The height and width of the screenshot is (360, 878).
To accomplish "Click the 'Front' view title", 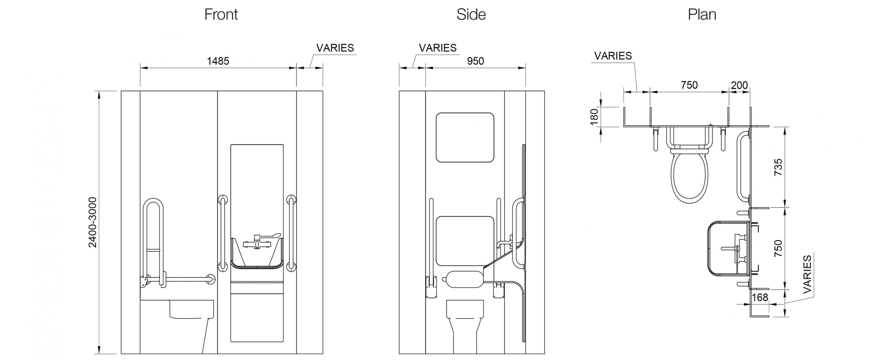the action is pos(221,14).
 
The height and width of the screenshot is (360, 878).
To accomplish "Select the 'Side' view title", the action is pos(471,14).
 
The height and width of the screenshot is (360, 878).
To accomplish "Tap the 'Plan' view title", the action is pos(702,14).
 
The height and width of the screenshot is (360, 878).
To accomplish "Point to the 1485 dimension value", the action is pos(218,61).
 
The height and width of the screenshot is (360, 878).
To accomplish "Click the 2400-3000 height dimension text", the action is pos(93,222).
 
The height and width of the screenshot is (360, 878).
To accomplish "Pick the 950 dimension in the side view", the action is pos(475,61).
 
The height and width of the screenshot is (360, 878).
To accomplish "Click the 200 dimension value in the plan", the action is pos(739,85).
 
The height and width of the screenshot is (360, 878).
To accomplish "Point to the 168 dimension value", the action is pos(760,297).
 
